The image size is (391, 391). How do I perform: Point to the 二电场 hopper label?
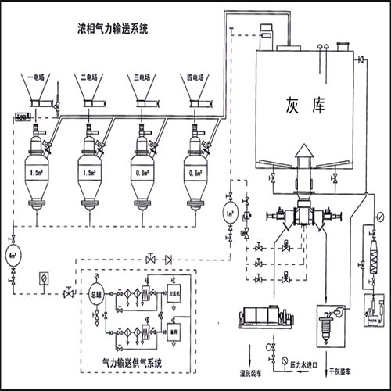91,78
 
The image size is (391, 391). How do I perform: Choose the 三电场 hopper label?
142,78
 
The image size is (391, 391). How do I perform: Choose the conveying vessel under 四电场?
195,172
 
